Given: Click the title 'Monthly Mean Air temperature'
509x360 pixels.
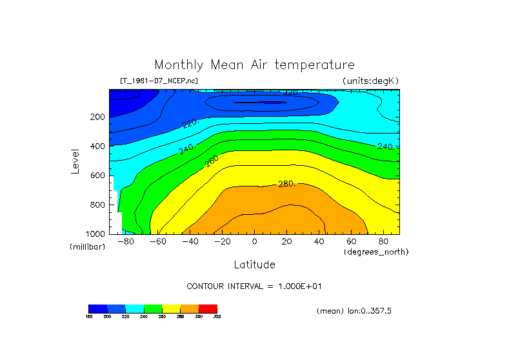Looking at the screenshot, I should [x=254, y=65].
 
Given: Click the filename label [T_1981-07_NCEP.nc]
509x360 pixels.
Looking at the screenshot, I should [x=159, y=81].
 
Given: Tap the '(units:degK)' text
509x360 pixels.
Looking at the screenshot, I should [x=370, y=81].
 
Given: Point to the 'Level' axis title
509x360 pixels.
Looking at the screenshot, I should [x=76, y=161].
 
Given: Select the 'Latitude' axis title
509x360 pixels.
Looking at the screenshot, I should [x=254, y=265].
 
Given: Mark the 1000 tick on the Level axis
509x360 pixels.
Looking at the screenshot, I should [x=96, y=234].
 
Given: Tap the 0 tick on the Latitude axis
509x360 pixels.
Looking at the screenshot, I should [x=254, y=241].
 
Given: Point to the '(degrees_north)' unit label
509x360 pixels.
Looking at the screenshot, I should [x=377, y=252].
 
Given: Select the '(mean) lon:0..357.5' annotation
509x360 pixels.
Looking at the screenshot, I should [x=354, y=311].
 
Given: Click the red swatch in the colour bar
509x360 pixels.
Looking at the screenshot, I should [x=208, y=308].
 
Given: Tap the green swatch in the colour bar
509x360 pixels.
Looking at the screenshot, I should [x=153, y=308].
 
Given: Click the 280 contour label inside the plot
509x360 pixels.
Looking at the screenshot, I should [x=286, y=185].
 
